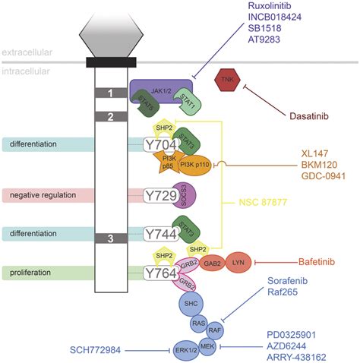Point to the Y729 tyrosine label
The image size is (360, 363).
pyautogui.click(x=162, y=196)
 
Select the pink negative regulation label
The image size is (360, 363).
pyautogui.click(x=47, y=196)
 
